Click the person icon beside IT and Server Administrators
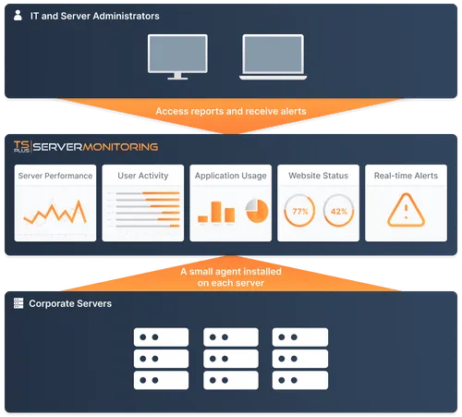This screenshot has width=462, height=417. pyautogui.click(x=18, y=15)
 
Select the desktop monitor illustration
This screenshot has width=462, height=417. pyautogui.click(x=177, y=57)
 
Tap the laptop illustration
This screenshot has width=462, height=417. pyautogui.click(x=273, y=57)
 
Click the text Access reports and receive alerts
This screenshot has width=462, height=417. pyautogui.click(x=231, y=111)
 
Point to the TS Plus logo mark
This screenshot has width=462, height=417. pyautogui.click(x=21, y=146)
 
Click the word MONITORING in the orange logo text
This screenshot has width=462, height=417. pyautogui.click(x=120, y=147)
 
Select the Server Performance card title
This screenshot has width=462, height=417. pyautogui.click(x=55, y=176)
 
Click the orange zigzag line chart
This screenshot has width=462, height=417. pyautogui.click(x=55, y=212)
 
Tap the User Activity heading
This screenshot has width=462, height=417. pyautogui.click(x=143, y=176)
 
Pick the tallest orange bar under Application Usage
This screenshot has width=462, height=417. pyautogui.click(x=216, y=212)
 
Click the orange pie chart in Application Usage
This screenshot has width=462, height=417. pyautogui.click(x=257, y=211)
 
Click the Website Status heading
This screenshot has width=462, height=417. pyautogui.click(x=318, y=176)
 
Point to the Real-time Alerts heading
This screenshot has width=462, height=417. pyautogui.click(x=406, y=176)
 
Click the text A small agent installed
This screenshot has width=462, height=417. pyautogui.click(x=231, y=272)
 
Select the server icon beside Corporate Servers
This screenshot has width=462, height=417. pyautogui.click(x=18, y=303)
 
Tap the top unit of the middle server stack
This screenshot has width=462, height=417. pyautogui.click(x=231, y=337)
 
